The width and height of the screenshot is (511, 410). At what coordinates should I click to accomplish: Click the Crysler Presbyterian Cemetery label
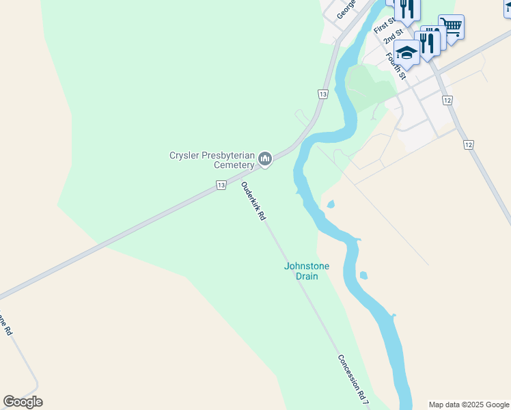[212, 160]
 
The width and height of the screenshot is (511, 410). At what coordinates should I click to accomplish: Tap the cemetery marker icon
[265, 160]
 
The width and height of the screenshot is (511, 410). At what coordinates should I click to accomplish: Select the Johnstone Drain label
[302, 271]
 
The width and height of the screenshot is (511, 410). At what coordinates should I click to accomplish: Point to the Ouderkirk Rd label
[253, 202]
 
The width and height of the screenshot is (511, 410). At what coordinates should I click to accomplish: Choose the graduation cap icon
[406, 52]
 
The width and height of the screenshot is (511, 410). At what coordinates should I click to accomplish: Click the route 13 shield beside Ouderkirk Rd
[220, 185]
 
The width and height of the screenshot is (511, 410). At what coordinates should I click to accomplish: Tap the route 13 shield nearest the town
[323, 94]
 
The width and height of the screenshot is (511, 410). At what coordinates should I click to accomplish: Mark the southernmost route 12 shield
[468, 145]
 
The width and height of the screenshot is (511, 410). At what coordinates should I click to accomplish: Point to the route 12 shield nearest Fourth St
[447, 100]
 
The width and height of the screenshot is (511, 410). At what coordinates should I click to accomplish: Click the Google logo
[23, 401]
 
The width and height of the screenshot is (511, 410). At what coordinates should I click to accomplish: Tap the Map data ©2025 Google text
[469, 405]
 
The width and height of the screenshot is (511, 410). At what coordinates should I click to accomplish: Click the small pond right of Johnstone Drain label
[363, 276]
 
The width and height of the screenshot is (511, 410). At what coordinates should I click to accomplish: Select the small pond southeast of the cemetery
[331, 204]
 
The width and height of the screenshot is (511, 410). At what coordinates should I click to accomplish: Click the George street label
[346, 9]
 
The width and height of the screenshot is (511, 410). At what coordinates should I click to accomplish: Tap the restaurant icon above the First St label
[407, 8]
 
